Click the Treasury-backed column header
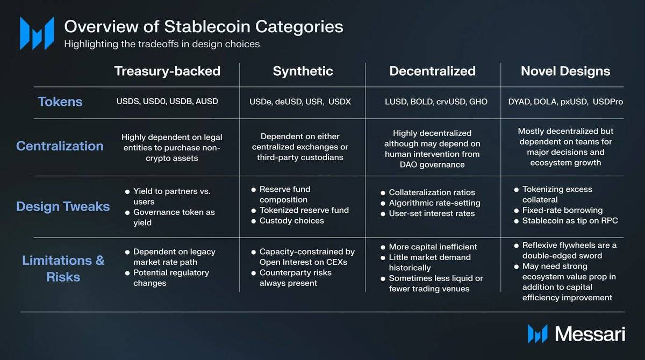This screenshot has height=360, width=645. pos(167,71)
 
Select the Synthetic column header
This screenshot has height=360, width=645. pos(303,71)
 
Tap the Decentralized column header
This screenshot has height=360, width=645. pos(433,71)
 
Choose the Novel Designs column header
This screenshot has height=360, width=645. pos(565,71)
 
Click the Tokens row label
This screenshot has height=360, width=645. pos(60,102)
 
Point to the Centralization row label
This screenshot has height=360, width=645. pos(60,146)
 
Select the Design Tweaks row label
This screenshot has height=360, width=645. pos(63,206)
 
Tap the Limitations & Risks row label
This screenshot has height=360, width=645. pos(63,268)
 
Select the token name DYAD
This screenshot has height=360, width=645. pos(519,102)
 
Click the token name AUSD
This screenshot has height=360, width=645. pos(206,101)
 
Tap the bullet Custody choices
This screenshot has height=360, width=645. pos(291,220)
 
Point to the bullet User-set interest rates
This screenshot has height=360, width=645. pos(432,213)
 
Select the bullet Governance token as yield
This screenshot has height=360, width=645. pos(174,217)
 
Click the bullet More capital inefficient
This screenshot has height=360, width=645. pos(433,247)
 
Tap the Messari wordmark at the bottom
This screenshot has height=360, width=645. pos(590,334)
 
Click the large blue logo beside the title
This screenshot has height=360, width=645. pos(37,33)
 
